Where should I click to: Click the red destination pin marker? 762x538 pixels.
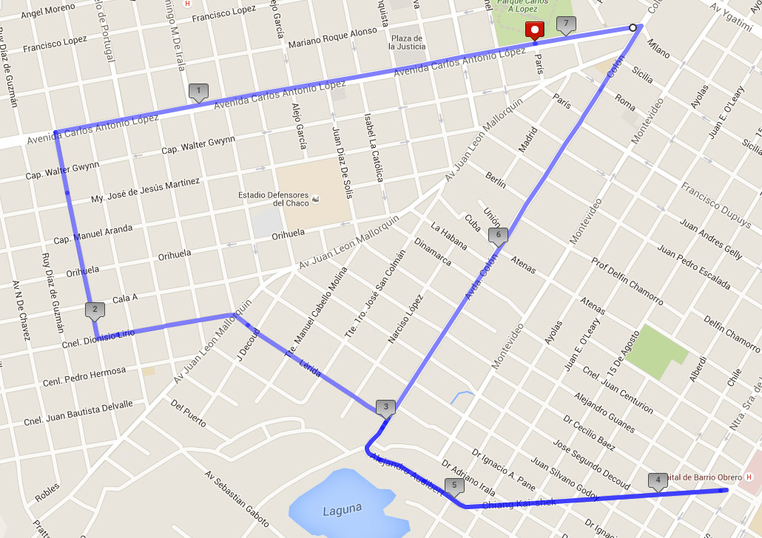pos(534,30)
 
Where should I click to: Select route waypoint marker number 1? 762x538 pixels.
pos(198,92)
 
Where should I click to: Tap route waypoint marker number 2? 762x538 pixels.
pos(95,310)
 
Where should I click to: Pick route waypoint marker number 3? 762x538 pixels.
pos(385,406)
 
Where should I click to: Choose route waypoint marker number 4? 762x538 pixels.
pos(657,480)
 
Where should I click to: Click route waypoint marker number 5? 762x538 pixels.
pos(454,486)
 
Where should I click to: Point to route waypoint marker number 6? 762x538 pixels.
pos(498,236)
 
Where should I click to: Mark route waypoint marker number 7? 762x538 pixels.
pos(566,24)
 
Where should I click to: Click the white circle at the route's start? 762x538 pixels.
pos(633,27)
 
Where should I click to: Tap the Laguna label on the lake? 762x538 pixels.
pos(343,508)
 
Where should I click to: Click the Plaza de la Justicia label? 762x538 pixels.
pos(407,42)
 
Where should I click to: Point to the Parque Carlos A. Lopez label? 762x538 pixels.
pos(527,6)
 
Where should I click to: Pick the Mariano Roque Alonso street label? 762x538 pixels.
pos(333,38)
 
